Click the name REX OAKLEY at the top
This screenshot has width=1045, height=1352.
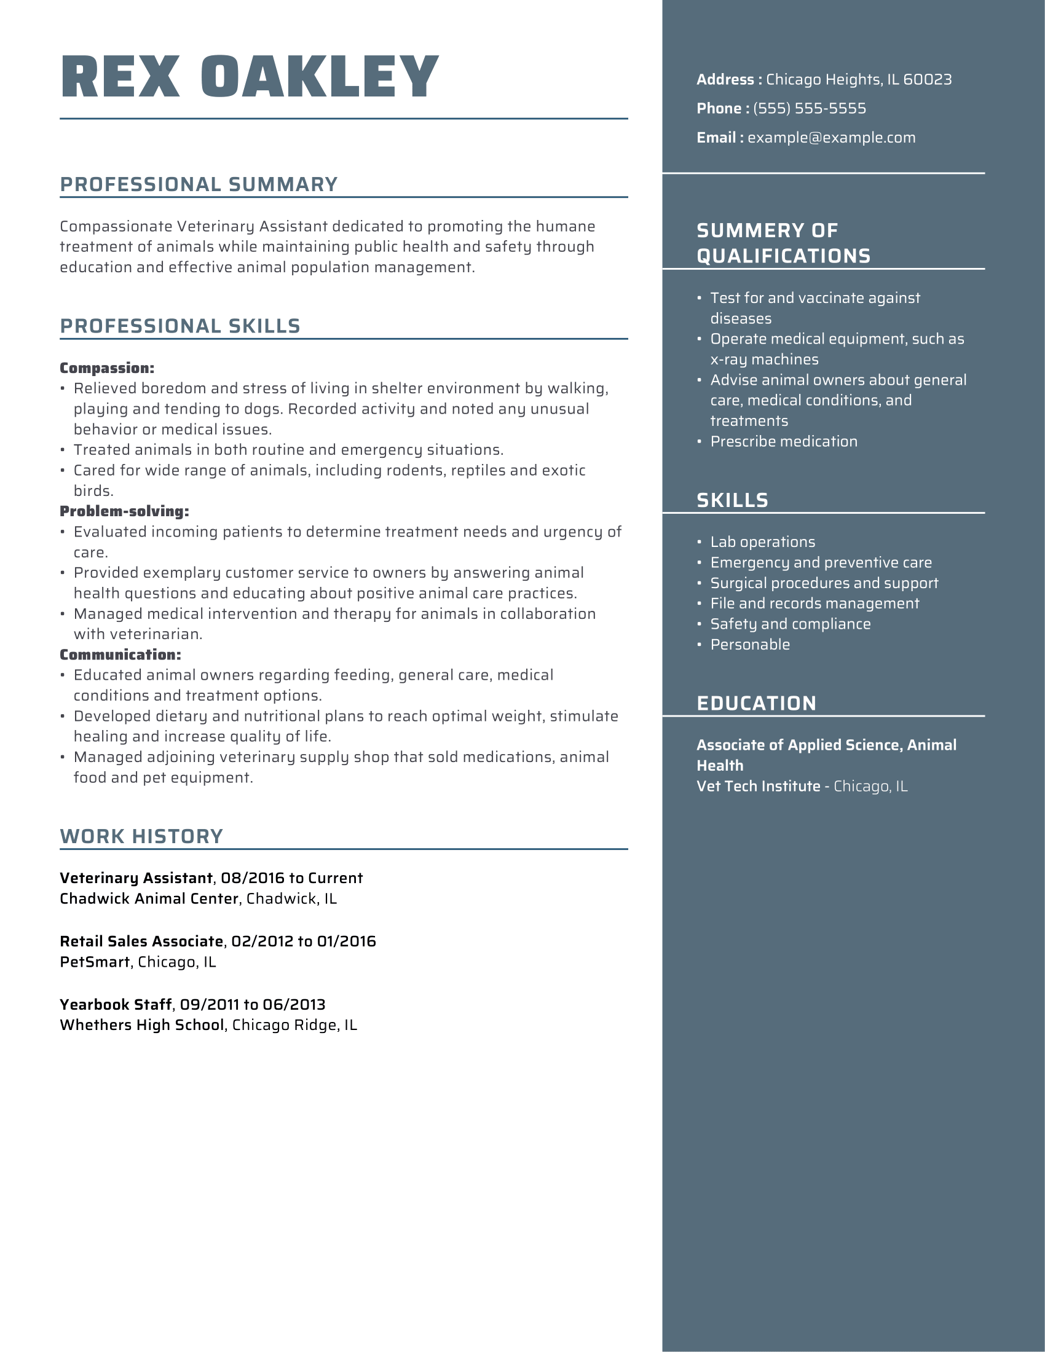[250, 77]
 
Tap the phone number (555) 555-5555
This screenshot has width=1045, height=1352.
[809, 108]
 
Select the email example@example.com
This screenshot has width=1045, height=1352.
[831, 138]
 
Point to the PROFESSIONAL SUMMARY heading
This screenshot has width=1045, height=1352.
[199, 184]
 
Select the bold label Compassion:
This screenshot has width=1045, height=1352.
[106, 368]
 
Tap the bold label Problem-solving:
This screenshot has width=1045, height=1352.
[124, 511]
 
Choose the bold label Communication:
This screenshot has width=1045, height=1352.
[120, 655]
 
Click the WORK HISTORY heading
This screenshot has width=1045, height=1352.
[141, 836]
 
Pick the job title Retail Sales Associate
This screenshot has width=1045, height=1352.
[141, 941]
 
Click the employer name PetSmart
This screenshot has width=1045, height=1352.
[95, 962]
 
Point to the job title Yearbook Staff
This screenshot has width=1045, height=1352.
[115, 1005]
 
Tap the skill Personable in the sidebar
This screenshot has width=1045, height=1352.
[750, 645]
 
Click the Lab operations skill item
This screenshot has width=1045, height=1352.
[762, 542]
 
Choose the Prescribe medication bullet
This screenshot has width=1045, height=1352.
[783, 442]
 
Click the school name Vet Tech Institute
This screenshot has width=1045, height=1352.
[758, 787]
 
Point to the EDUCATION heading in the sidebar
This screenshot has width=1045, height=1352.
[756, 704]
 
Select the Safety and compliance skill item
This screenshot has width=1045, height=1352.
[790, 624]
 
